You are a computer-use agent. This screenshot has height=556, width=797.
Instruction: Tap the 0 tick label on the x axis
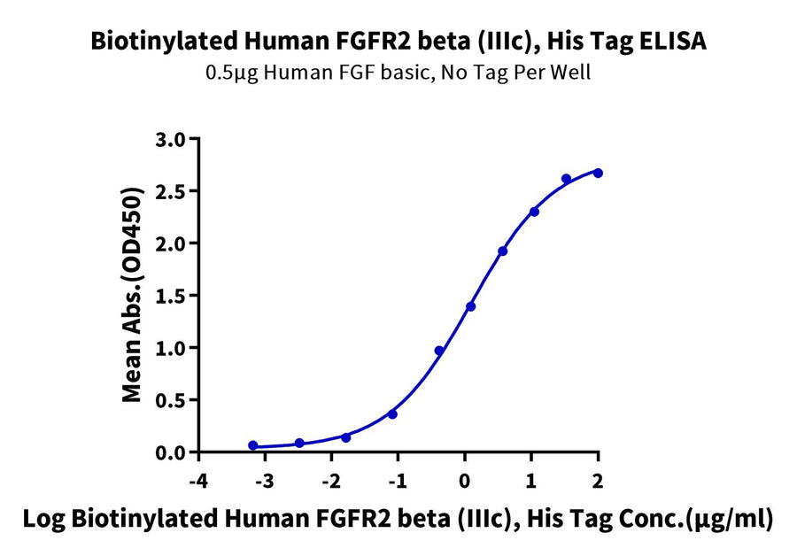pyautogui.click(x=465, y=482)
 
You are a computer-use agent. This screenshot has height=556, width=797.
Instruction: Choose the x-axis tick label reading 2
pyautogui.click(x=598, y=482)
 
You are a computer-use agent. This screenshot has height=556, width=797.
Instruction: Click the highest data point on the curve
pyautogui.click(x=598, y=173)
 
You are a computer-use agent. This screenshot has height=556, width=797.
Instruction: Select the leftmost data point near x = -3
pyautogui.click(x=253, y=445)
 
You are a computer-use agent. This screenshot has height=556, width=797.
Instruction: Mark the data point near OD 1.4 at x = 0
pyautogui.click(x=470, y=306)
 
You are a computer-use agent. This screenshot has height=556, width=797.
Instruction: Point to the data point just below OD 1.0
pyautogui.click(x=439, y=351)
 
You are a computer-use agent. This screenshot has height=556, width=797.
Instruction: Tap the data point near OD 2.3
pyautogui.click(x=534, y=212)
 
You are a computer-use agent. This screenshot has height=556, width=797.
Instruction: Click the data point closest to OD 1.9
pyautogui.click(x=502, y=251)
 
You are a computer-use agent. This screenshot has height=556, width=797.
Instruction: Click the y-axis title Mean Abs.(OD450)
pyautogui.click(x=133, y=295)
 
